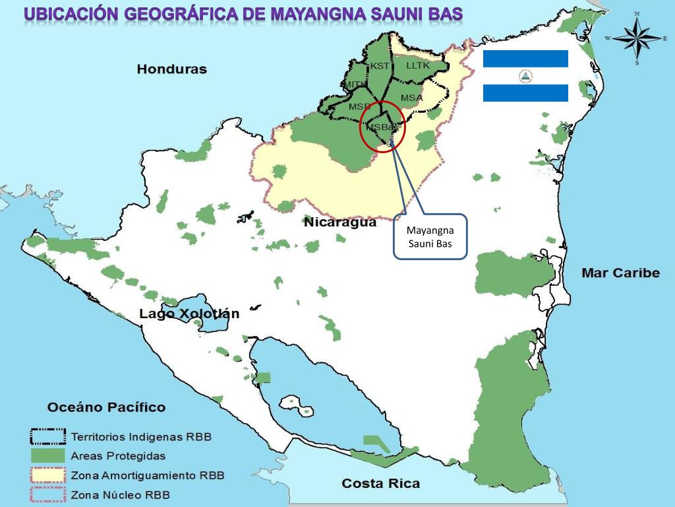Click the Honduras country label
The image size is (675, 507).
[171, 69]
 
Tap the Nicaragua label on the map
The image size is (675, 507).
[339, 222]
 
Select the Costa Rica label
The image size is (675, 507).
[380, 484]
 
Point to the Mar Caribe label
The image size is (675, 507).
[620, 273]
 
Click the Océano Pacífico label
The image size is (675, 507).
[106, 407]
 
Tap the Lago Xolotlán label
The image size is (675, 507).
[189, 314]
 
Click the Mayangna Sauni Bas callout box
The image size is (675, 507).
[430, 236]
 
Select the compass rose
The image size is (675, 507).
[637, 38]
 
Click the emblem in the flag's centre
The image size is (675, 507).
[525, 76]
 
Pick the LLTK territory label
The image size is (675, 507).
[417, 65]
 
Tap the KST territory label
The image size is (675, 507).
[379, 65]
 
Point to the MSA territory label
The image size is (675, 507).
[411, 98]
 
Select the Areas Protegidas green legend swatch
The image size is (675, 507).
[47, 456]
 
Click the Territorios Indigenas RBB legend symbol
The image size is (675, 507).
[47, 437]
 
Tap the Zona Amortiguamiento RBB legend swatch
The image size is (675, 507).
[47, 475]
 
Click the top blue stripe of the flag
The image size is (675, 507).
[525, 58]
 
